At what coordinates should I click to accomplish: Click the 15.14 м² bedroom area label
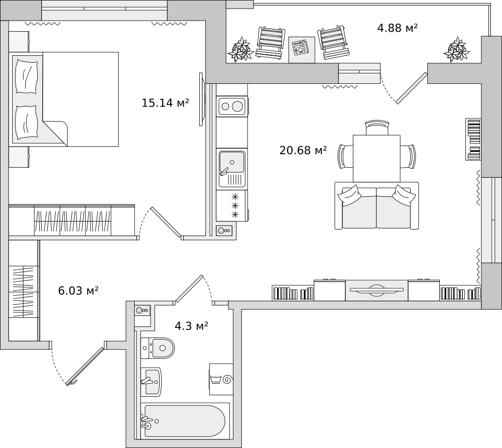(165, 103)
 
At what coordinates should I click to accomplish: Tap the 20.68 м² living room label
(303, 150)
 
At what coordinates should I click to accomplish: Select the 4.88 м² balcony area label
(397, 28)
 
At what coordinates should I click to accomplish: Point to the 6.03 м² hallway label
(78, 291)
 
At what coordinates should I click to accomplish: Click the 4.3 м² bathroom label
(191, 326)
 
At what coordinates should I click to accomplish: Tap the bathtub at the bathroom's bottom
(185, 421)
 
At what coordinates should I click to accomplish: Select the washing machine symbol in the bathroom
(221, 379)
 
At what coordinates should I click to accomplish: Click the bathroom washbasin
(151, 381)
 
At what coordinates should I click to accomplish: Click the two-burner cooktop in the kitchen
(232, 106)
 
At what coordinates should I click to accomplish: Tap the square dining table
(376, 158)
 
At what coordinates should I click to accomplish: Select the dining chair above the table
(377, 128)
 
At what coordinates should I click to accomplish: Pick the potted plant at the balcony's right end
(457, 50)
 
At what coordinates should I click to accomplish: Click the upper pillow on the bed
(27, 76)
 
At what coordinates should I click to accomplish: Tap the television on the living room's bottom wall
(376, 290)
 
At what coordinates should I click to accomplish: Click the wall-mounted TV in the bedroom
(201, 99)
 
